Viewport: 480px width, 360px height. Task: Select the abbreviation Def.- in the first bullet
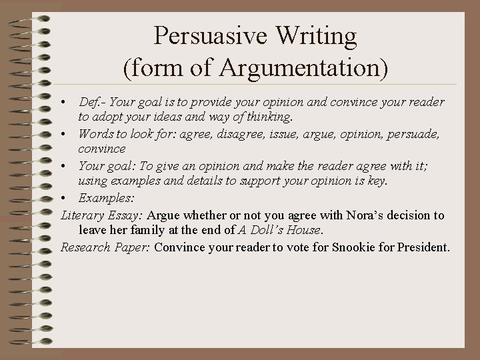[x=93, y=103]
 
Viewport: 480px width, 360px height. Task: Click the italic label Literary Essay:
[x=101, y=215]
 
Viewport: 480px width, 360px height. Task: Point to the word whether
[x=196, y=215]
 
